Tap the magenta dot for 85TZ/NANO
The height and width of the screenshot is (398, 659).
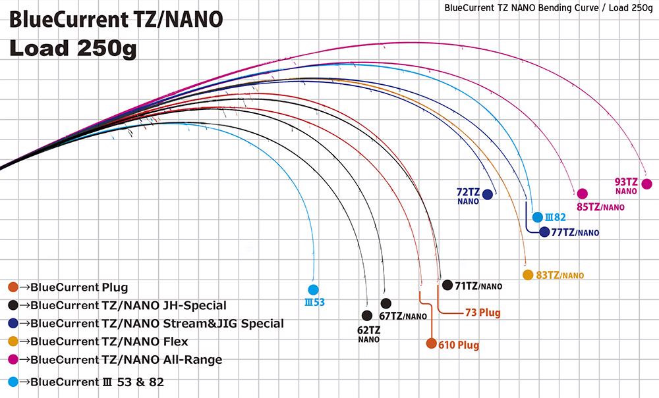pyautogui.click(x=582, y=194)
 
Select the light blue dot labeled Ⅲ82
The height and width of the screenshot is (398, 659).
pyautogui.click(x=538, y=216)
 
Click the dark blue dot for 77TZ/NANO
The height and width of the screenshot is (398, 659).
pyautogui.click(x=544, y=232)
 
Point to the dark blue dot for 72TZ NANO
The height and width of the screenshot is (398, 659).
pyautogui.click(x=488, y=194)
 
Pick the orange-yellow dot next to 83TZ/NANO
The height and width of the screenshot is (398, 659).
pyautogui.click(x=527, y=275)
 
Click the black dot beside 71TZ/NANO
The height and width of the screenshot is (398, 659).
pyautogui.click(x=448, y=285)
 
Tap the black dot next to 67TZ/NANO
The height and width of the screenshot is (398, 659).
pyautogui.click(x=386, y=303)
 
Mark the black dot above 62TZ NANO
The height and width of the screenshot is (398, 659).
pyautogui.click(x=367, y=315)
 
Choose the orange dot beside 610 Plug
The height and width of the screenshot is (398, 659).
pyautogui.click(x=431, y=344)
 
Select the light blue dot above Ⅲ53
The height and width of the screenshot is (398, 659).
pyautogui.click(x=313, y=289)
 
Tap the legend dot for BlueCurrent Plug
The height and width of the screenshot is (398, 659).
pyautogui.click(x=14, y=287)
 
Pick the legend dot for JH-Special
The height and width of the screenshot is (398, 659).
pyautogui.click(x=14, y=305)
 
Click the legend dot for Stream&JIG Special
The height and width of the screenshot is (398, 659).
pyautogui.click(x=14, y=324)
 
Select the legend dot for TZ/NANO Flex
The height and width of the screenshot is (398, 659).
pyautogui.click(x=14, y=341)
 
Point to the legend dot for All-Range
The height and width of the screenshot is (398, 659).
pyautogui.click(x=14, y=360)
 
